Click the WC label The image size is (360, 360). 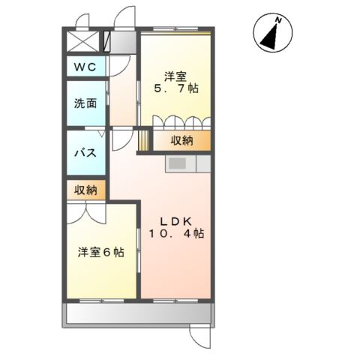pyautogui.click(x=85, y=67)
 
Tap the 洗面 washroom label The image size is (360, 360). pyautogui.click(x=85, y=104)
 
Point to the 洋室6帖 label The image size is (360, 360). pyautogui.click(x=101, y=252)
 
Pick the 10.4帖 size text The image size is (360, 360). pyautogui.click(x=176, y=234)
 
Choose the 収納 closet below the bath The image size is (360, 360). pyautogui.click(x=86, y=190)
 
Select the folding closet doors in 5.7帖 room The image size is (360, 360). pyautogui.click(x=181, y=122)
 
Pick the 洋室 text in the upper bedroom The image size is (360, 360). pyautogui.click(x=177, y=75)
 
